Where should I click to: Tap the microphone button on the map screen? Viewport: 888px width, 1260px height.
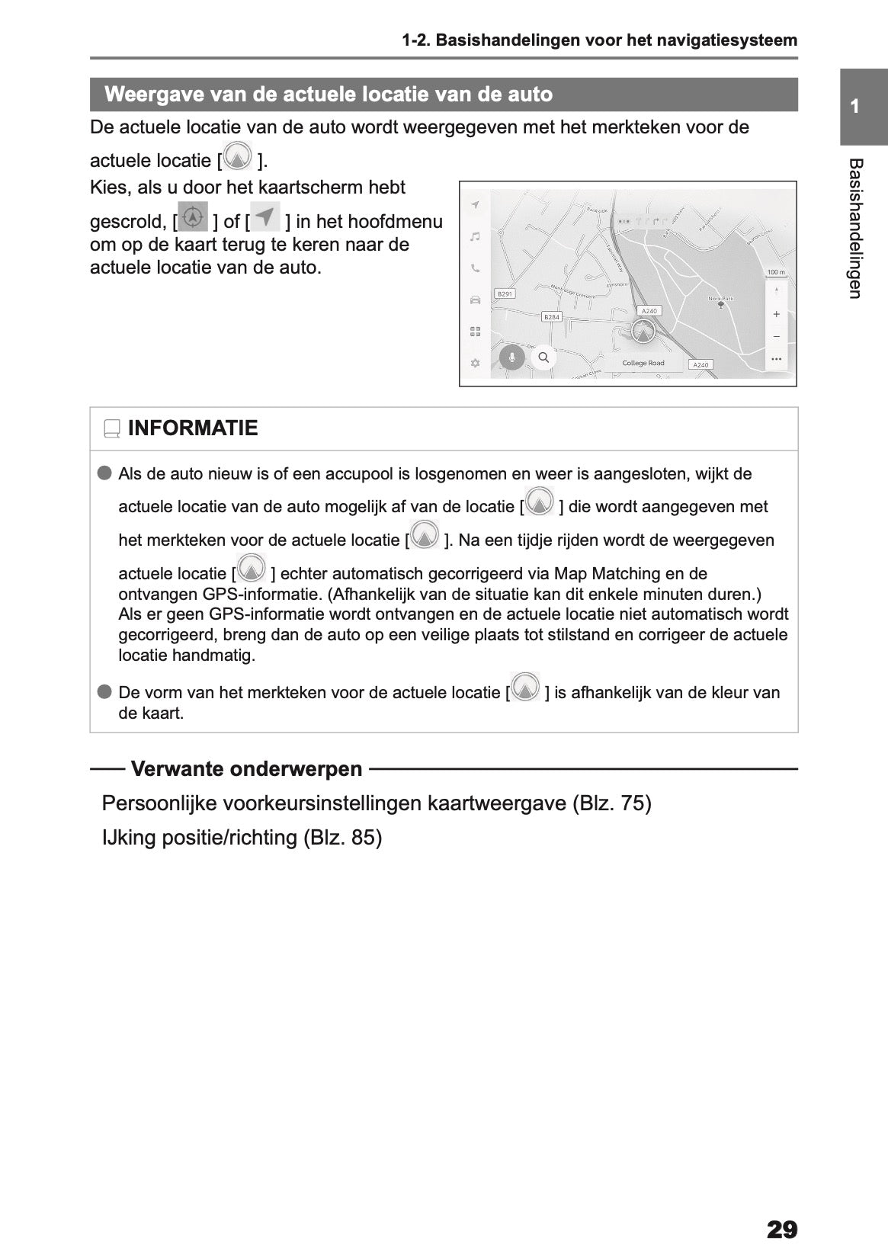(511, 357)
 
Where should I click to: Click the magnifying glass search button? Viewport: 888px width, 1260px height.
(543, 357)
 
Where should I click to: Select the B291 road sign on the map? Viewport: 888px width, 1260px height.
(505, 293)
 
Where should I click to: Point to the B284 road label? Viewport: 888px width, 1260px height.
(551, 316)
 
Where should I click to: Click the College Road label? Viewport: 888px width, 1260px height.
(643, 364)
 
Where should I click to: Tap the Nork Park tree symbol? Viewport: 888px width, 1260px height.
(720, 305)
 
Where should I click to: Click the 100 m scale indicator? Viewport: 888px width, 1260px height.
(775, 272)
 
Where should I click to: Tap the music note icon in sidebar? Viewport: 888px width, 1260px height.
(475, 237)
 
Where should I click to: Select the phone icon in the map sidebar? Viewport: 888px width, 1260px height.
(475, 268)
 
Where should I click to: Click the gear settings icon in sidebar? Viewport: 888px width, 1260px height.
(475, 363)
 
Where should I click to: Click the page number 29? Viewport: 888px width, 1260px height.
(781, 1230)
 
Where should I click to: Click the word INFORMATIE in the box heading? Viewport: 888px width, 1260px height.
(193, 428)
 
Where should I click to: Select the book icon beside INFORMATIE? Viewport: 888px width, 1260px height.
(112, 429)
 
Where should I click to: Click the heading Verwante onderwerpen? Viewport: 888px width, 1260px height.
(246, 768)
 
